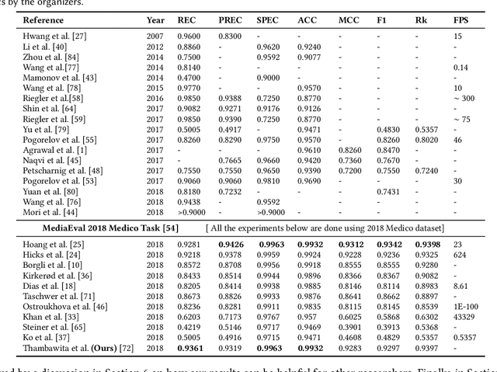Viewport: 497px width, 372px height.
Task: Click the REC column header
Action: coord(186,19)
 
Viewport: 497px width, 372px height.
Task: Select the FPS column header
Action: coord(461,19)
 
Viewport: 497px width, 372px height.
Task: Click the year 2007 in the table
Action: coord(155,37)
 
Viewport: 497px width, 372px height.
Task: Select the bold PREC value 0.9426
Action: coord(231,244)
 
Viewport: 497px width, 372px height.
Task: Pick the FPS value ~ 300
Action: coord(464,99)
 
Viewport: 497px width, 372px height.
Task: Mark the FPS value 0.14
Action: coord(460,68)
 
